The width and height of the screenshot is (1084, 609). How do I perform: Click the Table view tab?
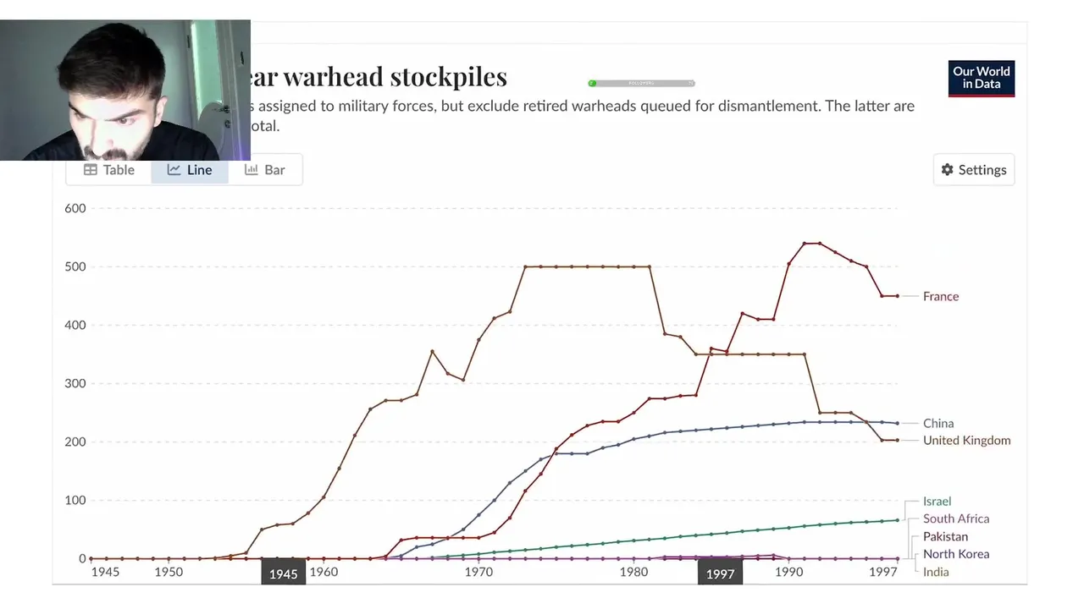pyautogui.click(x=109, y=170)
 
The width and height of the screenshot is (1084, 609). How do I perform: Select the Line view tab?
pyautogui.click(x=190, y=170)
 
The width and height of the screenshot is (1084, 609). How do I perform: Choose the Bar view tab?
pyautogui.click(x=264, y=170)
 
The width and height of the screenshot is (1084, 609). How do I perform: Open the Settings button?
pyautogui.click(x=974, y=170)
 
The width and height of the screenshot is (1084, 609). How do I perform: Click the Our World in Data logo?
pyautogui.click(x=982, y=78)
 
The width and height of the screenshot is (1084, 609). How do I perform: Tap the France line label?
pyautogui.click(x=941, y=297)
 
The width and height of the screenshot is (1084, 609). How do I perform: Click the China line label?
pyautogui.click(x=938, y=424)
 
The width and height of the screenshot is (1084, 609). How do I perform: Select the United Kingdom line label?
pyautogui.click(x=966, y=441)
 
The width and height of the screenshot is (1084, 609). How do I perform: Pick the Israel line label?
pyautogui.click(x=937, y=502)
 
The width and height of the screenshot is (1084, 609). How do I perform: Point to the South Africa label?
pyautogui.click(x=956, y=519)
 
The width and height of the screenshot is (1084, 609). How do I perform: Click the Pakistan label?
pyautogui.click(x=945, y=537)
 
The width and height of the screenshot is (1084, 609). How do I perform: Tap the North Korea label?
pyautogui.click(x=956, y=555)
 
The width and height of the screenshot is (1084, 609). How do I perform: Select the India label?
pyautogui.click(x=936, y=573)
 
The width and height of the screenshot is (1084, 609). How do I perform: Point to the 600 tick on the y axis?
pyautogui.click(x=75, y=209)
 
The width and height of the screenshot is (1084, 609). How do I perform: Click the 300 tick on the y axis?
pyautogui.click(x=75, y=384)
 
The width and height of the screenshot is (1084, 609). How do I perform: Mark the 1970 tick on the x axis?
pyautogui.click(x=478, y=573)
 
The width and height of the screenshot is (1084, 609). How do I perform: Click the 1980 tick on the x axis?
pyautogui.click(x=634, y=573)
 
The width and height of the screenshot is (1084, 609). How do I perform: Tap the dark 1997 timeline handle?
pyautogui.click(x=720, y=574)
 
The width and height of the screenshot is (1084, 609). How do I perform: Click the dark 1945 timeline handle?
pyautogui.click(x=283, y=574)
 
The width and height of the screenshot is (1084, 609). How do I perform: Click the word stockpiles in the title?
pyautogui.click(x=449, y=77)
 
